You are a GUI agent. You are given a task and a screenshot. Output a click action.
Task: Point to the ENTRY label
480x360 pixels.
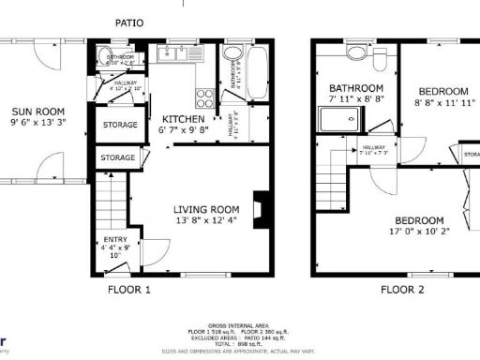click(x=113, y=240)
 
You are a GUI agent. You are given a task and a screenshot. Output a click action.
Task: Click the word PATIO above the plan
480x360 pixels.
click(x=129, y=21)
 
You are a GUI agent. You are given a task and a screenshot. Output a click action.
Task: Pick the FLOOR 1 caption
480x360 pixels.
click(x=127, y=290)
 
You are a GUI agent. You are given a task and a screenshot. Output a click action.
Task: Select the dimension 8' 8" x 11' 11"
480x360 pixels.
click(x=444, y=94)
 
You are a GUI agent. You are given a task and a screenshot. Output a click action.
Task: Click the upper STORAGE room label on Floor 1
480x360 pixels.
click(x=119, y=125)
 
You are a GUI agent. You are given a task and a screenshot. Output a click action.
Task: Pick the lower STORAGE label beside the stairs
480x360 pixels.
click(x=118, y=158)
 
